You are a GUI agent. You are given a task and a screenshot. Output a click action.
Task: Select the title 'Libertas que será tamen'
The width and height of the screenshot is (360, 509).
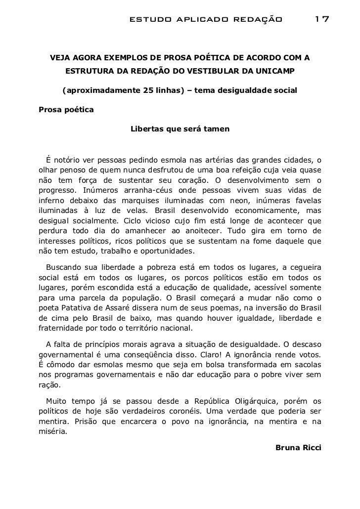click(x=180, y=129)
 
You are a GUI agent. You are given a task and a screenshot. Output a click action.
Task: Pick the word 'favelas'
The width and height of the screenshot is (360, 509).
click(x=306, y=201)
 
